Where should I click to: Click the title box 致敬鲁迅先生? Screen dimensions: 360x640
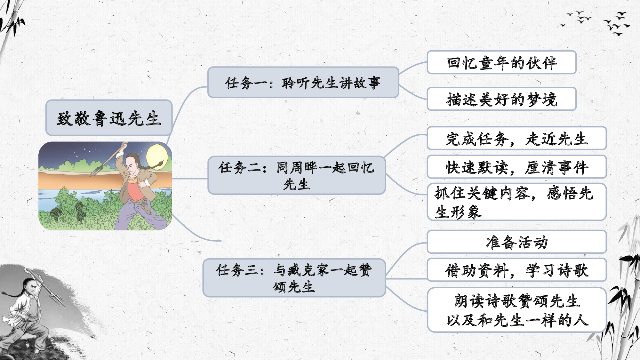pyautogui.click(x=109, y=118)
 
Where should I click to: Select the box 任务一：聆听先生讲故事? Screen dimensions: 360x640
pyautogui.click(x=303, y=83)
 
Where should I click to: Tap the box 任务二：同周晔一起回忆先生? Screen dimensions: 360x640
pyautogui.click(x=297, y=175)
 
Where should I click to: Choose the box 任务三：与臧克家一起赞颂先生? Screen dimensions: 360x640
pyautogui.click(x=294, y=278)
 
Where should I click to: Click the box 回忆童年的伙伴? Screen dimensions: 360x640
pyautogui.click(x=501, y=62)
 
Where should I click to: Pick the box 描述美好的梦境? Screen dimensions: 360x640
pyautogui.click(x=501, y=99)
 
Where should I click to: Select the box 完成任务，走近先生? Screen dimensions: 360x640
pyautogui.click(x=516, y=138)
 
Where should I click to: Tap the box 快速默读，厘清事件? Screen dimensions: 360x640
pyautogui.click(x=516, y=167)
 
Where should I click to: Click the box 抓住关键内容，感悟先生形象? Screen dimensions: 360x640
pyautogui.click(x=516, y=202)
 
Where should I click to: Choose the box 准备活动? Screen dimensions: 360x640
pyautogui.click(x=516, y=242)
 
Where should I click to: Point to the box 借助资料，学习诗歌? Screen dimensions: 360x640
pyautogui.click(x=516, y=270)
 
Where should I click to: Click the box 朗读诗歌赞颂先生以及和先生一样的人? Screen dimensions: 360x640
pyautogui.click(x=516, y=310)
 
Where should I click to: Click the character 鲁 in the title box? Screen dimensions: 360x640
pyautogui.click(x=100, y=118)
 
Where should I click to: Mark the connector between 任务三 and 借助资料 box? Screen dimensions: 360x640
pyautogui.click(x=406, y=279)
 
